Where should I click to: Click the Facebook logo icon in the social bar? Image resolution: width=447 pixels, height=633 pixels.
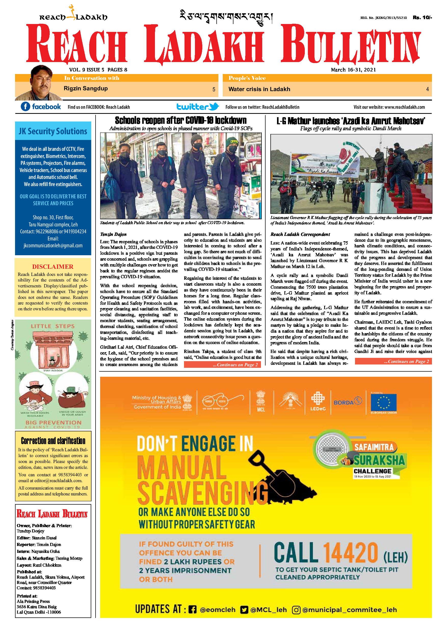pos(25,106)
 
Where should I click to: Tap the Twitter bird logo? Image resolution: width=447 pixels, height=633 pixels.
pos(214,106)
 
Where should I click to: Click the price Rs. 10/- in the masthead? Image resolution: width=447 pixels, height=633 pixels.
pos(422,18)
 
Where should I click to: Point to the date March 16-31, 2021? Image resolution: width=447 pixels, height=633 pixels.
pos(353,70)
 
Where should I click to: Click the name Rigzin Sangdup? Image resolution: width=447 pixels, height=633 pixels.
pos(86,89)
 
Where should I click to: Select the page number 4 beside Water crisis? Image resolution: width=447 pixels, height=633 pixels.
pos(427,89)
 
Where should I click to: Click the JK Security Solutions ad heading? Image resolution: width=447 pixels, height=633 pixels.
pos(53,131)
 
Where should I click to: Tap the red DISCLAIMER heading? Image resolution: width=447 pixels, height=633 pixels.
pos(53,266)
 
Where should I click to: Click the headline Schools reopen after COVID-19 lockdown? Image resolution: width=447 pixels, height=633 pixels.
pos(181,120)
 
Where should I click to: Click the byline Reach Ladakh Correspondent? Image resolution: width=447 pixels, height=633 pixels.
pos(300,234)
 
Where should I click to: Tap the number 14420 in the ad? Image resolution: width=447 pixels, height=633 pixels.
pos(350,553)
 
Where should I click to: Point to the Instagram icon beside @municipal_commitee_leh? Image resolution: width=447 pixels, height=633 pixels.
pos(296,610)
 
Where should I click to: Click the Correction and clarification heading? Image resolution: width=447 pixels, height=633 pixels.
pos(53,441)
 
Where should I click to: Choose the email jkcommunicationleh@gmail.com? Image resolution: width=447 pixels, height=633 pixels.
pos(53,245)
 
